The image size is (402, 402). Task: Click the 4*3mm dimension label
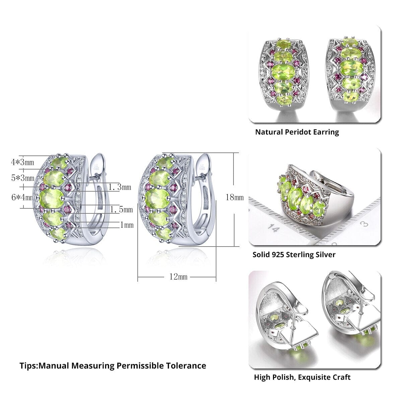pyautogui.click(x=22, y=162)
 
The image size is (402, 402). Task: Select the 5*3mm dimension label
pyautogui.click(x=23, y=178)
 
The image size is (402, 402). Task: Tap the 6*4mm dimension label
pyautogui.click(x=22, y=197)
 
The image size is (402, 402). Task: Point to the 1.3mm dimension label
pyautogui.click(x=120, y=187)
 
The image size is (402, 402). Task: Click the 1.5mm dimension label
pyautogui.click(x=121, y=210)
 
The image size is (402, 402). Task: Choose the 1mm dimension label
pyautogui.click(x=127, y=225)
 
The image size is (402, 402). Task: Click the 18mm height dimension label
pyautogui.click(x=234, y=197)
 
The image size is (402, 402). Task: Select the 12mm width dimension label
pyautogui.click(x=178, y=277)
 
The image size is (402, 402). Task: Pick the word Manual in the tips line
pyautogui.click(x=54, y=365)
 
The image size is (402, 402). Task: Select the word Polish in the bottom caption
pyautogui.click(x=283, y=377)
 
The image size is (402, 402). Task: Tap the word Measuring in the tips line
pyautogui.click(x=93, y=365)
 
